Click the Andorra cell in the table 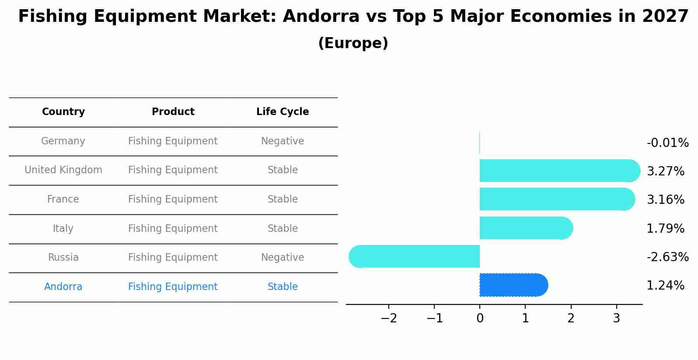point(63,287)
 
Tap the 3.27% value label point(665,171)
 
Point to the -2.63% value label point(667,257)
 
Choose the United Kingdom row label point(63,170)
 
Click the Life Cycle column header point(283,112)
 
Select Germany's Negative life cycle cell point(283,141)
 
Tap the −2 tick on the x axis point(389,318)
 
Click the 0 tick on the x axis point(480,318)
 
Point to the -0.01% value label point(667,143)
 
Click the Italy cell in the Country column point(63,228)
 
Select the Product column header point(173,112)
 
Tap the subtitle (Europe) point(353,43)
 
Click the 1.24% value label point(665,286)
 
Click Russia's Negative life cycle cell point(283,257)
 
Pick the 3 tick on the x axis point(616,318)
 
